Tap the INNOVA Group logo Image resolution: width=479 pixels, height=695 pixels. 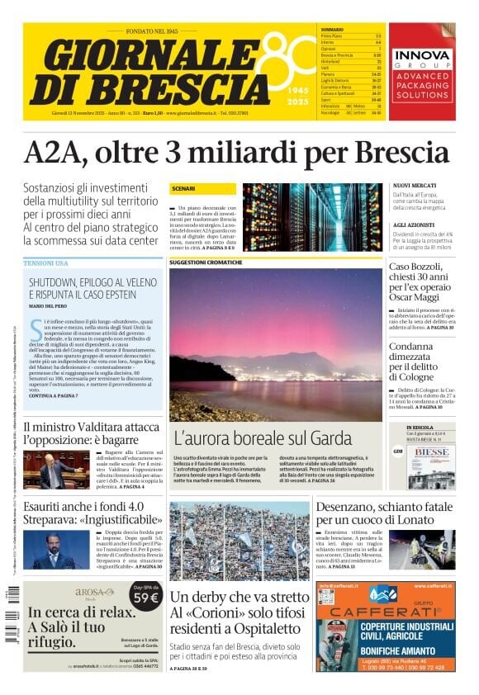coord(421,56)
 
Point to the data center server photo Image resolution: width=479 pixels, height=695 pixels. coord(312,217)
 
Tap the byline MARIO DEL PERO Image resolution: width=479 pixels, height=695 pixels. coord(48,306)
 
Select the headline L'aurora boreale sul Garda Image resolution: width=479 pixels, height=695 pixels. coord(263,437)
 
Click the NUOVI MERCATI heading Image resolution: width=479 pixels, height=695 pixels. coord(415,185)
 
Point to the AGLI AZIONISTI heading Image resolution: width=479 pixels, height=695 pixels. coord(415,225)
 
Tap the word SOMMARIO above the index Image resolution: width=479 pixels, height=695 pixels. coord(332,30)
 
